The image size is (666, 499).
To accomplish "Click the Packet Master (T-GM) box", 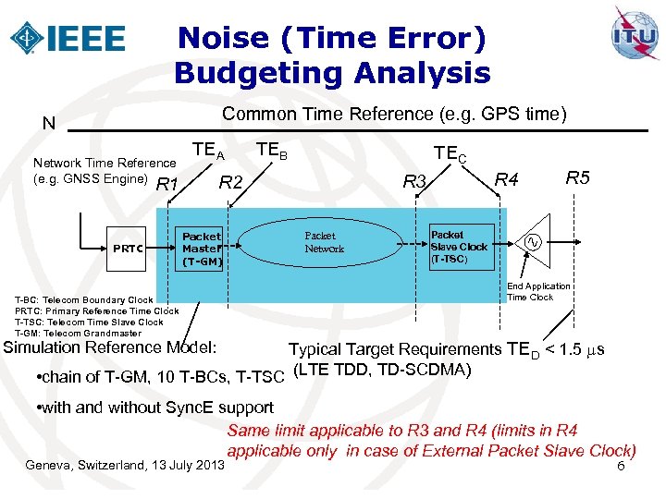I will click(202, 249).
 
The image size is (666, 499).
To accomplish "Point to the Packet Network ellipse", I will click(324, 242).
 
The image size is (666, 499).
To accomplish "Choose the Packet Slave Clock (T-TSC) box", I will click(460, 247).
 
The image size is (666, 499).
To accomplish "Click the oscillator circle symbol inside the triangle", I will click(534, 242).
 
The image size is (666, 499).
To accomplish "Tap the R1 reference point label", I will click(167, 186).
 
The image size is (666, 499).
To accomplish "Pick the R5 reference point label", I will click(578, 176).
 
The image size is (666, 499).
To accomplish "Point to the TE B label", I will click(272, 149).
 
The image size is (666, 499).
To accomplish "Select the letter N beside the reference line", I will click(48, 124).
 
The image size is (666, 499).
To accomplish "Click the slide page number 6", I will click(621, 469).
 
